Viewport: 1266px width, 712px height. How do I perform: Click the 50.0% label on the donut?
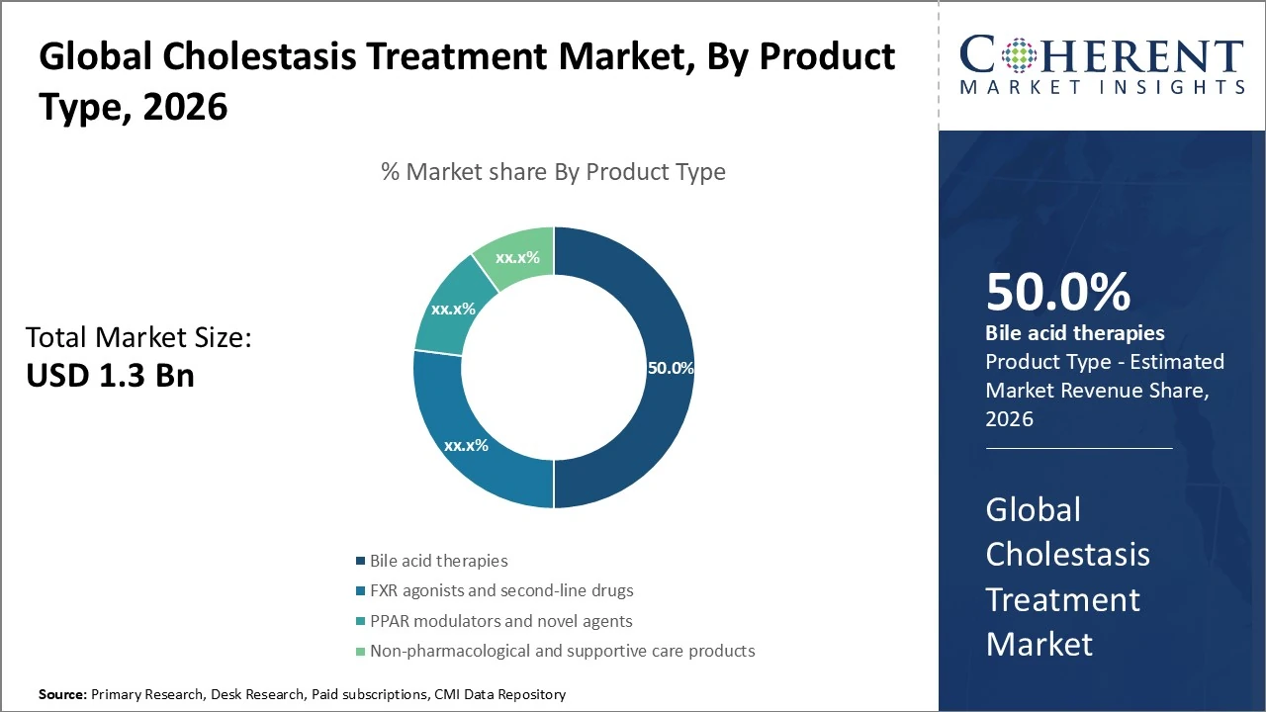coord(671,368)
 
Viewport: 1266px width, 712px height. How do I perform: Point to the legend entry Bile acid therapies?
coord(438,561)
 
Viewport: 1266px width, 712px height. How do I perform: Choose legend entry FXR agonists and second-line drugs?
coord(501,590)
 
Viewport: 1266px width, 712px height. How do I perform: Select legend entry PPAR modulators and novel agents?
coord(500,621)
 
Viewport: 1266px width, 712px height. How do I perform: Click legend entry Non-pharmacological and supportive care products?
coord(562,651)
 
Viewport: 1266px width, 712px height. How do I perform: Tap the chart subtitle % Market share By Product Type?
coord(553,172)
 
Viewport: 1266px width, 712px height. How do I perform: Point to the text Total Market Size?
coord(138,338)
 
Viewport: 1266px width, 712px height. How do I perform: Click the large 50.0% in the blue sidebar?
coord(1057,293)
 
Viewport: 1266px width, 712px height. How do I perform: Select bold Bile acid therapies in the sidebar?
coord(1074,333)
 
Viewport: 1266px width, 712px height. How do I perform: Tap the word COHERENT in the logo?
coord(1102,54)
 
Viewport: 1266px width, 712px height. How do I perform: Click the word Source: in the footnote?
coord(62,695)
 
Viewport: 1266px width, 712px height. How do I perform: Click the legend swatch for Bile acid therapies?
coord(361,562)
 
